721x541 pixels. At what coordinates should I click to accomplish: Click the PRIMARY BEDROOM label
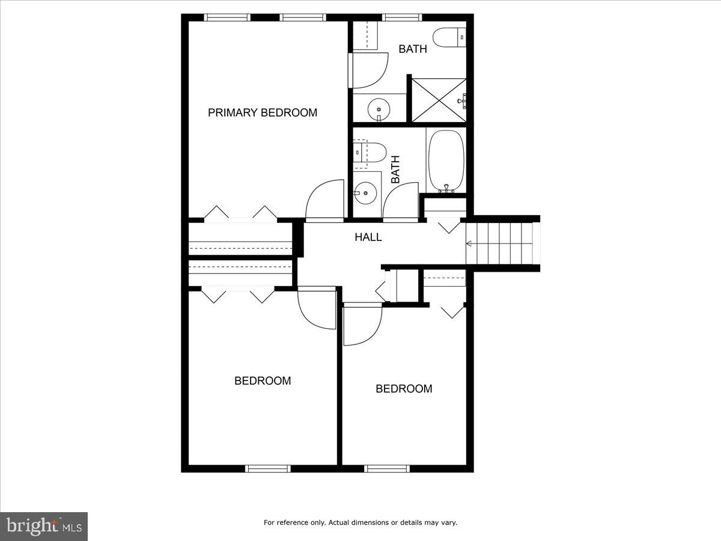click(263, 112)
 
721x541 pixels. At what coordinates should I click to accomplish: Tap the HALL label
click(368, 237)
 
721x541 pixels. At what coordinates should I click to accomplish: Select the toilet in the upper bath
click(449, 37)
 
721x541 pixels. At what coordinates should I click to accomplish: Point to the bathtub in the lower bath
click(446, 161)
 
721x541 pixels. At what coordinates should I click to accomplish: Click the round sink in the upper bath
click(379, 109)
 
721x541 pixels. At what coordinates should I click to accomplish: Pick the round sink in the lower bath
click(365, 193)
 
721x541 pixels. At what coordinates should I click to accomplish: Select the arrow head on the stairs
click(469, 243)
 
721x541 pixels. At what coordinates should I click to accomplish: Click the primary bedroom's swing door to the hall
click(324, 201)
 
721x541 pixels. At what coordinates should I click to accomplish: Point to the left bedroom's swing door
click(317, 308)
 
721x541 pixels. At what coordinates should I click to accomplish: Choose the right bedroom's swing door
click(362, 325)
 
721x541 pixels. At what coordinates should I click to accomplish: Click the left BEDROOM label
click(263, 381)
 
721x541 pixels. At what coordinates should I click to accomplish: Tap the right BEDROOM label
click(404, 389)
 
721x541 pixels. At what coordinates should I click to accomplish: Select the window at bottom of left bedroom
click(268, 468)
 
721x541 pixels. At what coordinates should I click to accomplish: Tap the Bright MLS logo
click(44, 526)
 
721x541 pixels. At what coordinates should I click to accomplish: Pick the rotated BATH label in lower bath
click(395, 170)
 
